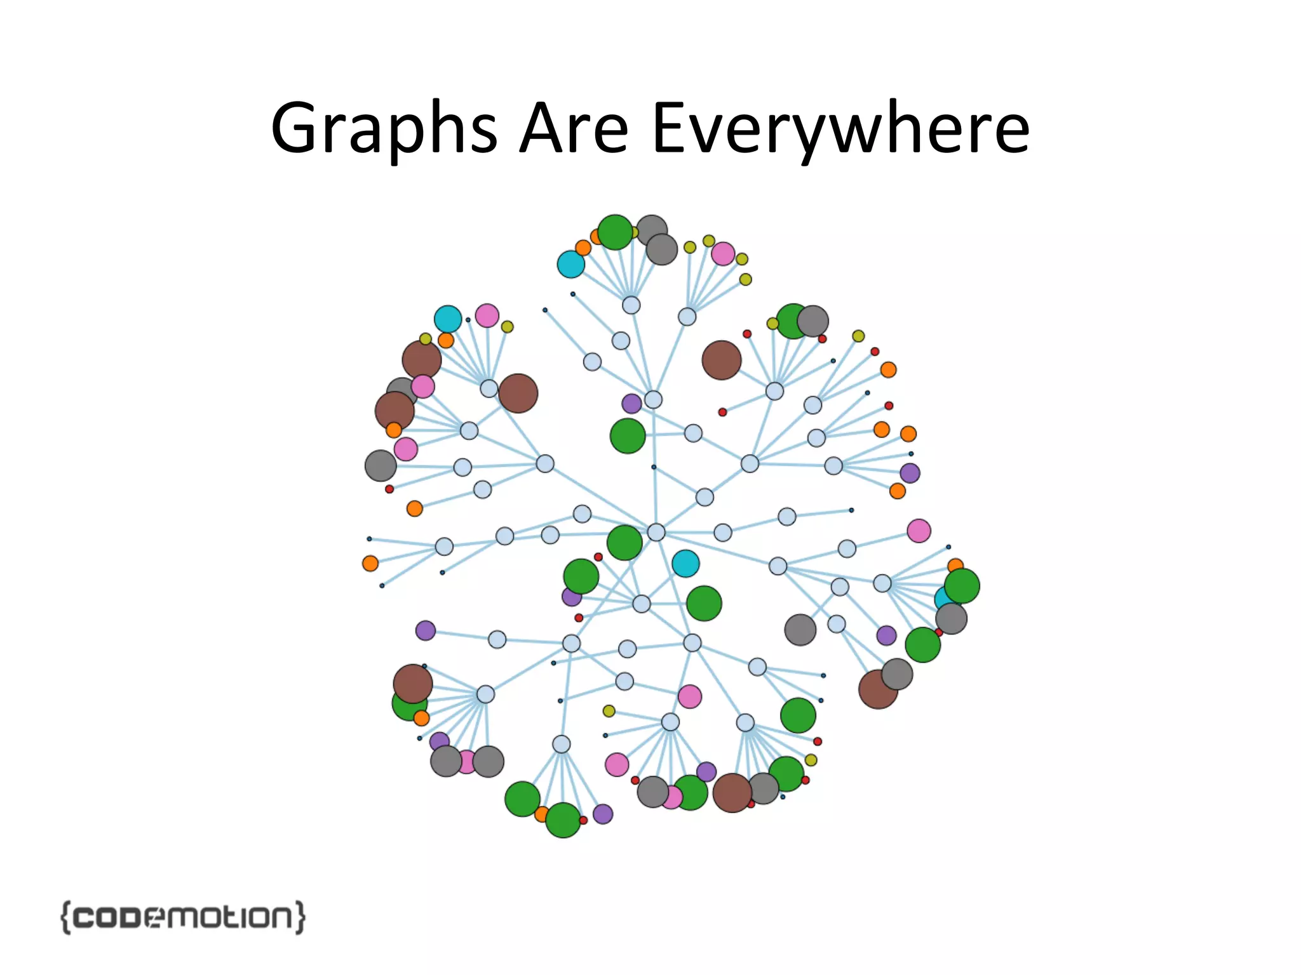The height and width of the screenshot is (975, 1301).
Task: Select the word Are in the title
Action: point(574,129)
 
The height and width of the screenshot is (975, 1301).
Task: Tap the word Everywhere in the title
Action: point(840,129)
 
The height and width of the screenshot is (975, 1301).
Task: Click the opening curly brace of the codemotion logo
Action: point(65,917)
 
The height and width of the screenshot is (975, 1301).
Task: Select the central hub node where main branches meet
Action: point(656,532)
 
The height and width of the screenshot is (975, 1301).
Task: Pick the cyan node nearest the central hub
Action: point(685,563)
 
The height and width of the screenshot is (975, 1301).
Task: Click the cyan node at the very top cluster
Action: point(570,264)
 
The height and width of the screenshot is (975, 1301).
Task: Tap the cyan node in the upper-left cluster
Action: point(448,319)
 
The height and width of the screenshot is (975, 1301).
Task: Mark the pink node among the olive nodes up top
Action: point(723,254)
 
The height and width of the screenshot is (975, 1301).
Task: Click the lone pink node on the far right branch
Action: point(919,531)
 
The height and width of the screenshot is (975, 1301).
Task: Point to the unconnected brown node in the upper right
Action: point(721,360)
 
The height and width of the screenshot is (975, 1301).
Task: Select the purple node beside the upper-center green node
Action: point(631,403)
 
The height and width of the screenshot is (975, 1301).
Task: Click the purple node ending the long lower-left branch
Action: point(426,630)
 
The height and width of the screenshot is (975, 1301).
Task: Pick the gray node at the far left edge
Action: point(381,465)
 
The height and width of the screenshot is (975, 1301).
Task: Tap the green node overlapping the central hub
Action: point(624,543)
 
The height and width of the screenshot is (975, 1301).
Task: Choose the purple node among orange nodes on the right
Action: point(910,473)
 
